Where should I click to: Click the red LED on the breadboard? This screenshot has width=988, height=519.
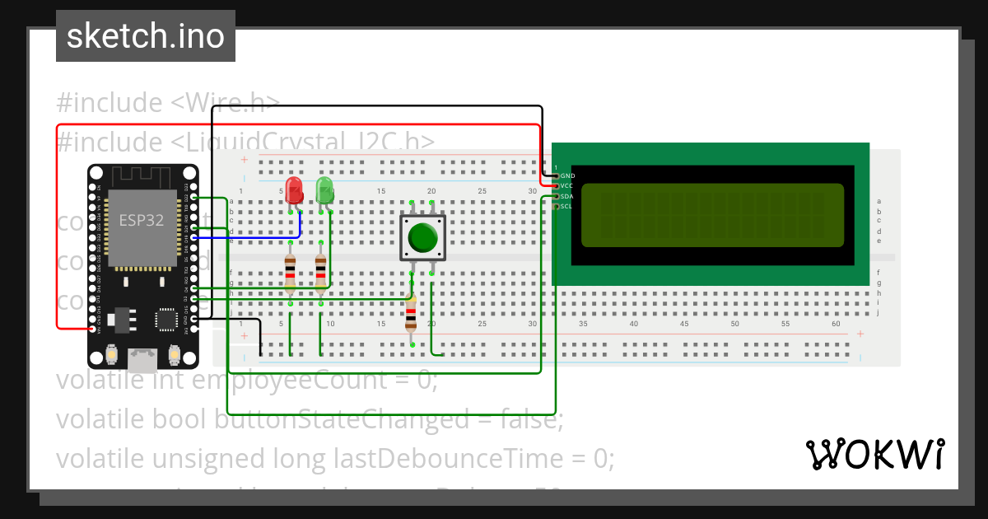pyautogui.click(x=294, y=190)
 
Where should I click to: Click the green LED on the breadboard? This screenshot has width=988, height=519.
pyautogui.click(x=325, y=190)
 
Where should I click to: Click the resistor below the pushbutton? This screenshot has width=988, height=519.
pyautogui.click(x=411, y=313)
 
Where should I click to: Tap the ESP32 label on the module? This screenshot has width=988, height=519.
pyautogui.click(x=141, y=221)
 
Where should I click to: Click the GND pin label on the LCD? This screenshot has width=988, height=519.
pyautogui.click(x=567, y=176)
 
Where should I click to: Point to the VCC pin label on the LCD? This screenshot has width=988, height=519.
pyautogui.click(x=567, y=186)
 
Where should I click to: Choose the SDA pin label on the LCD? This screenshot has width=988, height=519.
pyautogui.click(x=567, y=196)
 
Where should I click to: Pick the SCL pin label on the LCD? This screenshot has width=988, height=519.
pyautogui.click(x=567, y=206)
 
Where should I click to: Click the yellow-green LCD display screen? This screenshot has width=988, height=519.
pyautogui.click(x=712, y=215)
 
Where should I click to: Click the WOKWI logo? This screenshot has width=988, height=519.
pyautogui.click(x=874, y=454)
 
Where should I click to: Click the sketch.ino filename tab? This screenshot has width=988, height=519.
pyautogui.click(x=146, y=36)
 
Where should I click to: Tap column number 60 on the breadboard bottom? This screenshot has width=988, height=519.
pyautogui.click(x=836, y=324)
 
